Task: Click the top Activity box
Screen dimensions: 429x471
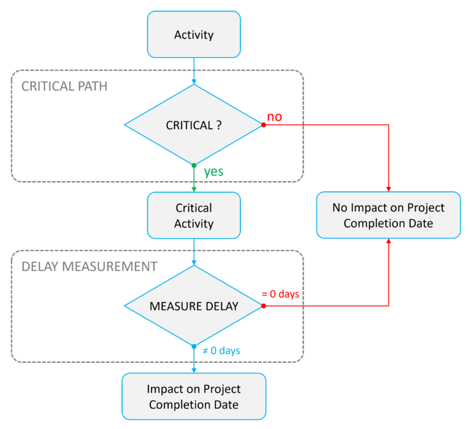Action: (194, 34)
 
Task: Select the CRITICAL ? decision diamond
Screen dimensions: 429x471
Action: (194, 125)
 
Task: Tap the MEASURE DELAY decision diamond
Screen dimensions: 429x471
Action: (194, 305)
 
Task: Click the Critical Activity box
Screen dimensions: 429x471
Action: (194, 215)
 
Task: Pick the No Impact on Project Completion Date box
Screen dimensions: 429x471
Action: (388, 215)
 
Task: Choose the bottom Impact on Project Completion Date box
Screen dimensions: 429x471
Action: (194, 397)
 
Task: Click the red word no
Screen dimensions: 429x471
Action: (275, 116)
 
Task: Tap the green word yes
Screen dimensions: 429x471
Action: (213, 172)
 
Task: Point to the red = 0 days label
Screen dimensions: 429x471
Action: (280, 294)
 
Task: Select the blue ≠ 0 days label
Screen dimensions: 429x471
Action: (221, 351)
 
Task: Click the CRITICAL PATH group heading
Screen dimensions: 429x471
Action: (64, 86)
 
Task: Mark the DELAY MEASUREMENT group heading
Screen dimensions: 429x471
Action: (89, 267)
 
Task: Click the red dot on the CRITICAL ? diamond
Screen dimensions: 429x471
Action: (264, 125)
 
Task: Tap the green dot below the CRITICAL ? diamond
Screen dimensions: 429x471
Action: (194, 165)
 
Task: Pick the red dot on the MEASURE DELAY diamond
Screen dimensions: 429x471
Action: (264, 305)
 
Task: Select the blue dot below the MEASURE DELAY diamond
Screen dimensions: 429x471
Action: (194, 346)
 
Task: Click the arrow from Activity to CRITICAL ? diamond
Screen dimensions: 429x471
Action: (194, 71)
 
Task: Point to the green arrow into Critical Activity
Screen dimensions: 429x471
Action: (194, 181)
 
